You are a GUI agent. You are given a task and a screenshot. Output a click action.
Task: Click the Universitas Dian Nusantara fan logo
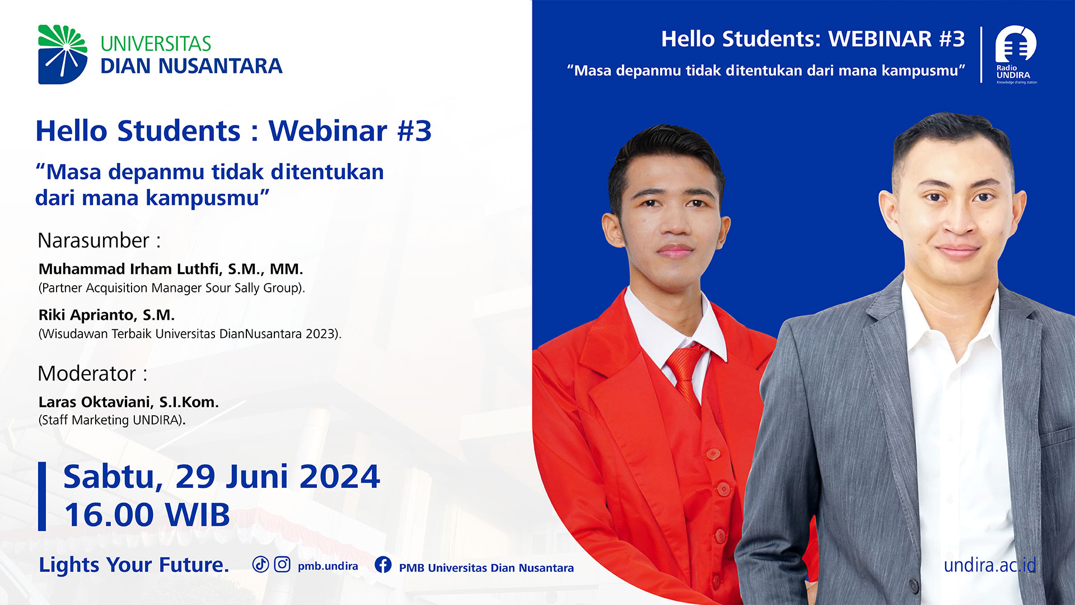tap(63, 54)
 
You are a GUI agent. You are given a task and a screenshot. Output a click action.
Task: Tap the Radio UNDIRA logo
tap(1016, 54)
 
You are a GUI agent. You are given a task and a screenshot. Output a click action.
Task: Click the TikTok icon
tap(260, 564)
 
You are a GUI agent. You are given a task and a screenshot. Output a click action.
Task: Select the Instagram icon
tap(282, 564)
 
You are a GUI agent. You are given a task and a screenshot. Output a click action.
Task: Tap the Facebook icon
tap(383, 565)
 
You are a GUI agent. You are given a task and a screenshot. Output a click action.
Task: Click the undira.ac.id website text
tap(990, 565)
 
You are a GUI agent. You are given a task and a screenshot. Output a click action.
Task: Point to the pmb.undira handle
tap(328, 566)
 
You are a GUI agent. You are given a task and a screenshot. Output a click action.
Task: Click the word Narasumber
tap(94, 240)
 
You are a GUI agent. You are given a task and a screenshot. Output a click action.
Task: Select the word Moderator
tap(87, 374)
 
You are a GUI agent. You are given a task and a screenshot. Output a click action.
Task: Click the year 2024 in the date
tap(340, 477)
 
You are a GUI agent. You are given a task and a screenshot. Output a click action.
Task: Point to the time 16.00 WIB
tap(147, 515)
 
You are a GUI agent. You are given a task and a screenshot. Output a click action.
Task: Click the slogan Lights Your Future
tap(134, 565)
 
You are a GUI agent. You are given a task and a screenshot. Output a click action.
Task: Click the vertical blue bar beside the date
tap(42, 496)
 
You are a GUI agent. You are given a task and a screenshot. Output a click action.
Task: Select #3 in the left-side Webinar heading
tap(414, 131)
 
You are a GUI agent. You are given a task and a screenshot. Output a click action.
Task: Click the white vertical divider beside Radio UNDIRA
tap(981, 55)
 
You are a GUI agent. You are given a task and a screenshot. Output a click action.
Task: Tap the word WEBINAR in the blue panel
tap(880, 39)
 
